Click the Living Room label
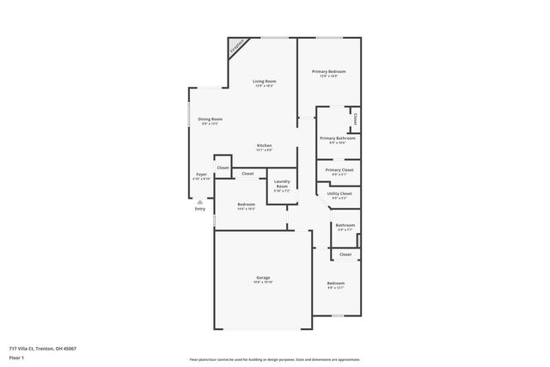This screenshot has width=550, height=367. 264,81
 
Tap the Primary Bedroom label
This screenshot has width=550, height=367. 328,71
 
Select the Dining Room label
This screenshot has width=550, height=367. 211,119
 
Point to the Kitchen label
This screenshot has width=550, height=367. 264,145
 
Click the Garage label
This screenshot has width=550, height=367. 263,278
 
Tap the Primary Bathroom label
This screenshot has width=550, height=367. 338,138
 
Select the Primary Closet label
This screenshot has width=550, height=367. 339,170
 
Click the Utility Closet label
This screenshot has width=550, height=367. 339,193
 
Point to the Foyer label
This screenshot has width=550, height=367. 201,174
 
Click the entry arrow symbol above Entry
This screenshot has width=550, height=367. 200,201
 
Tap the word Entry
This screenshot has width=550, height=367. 200,208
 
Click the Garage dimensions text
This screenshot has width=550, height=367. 263,283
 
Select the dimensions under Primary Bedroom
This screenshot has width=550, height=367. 328,76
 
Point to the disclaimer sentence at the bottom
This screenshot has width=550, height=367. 274,359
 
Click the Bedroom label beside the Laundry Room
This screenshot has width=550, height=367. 246,204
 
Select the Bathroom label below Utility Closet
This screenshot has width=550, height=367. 345,225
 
